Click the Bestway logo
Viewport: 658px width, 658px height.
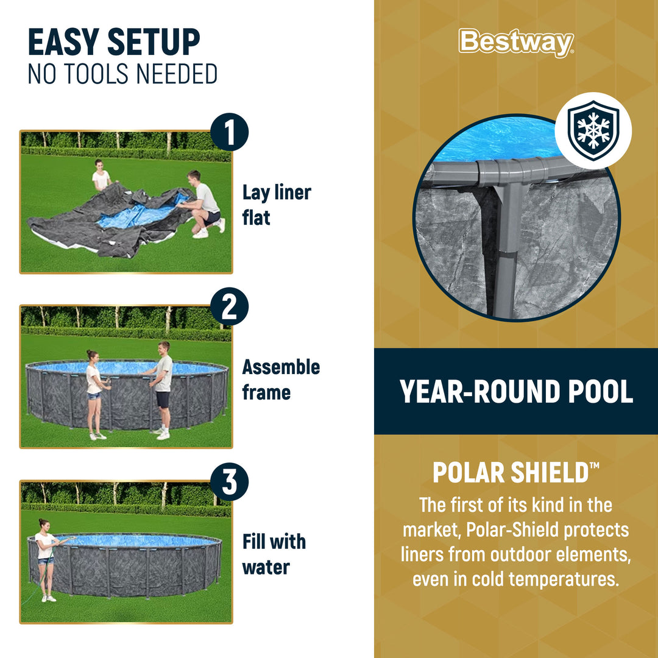click(x=516, y=43)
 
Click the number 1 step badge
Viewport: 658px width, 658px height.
click(x=229, y=134)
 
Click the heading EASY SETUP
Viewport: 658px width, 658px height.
click(x=114, y=43)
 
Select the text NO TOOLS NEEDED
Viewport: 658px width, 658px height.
click(x=122, y=74)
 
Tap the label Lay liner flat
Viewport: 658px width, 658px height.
click(x=276, y=205)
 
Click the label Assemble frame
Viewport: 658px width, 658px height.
click(x=280, y=380)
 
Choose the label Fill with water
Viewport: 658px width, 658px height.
click(x=274, y=554)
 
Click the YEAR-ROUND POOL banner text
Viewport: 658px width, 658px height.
click(x=516, y=392)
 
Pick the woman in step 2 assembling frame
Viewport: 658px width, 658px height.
click(x=94, y=393)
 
